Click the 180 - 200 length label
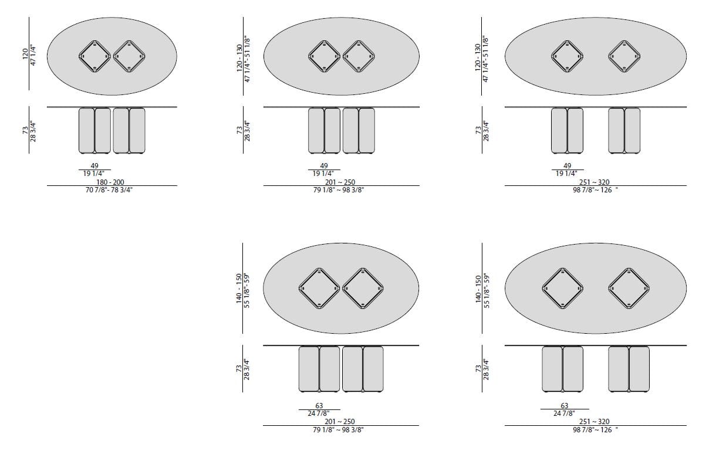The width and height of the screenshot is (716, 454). (x=110, y=182)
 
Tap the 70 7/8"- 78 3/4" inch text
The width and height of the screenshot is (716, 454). (x=109, y=190)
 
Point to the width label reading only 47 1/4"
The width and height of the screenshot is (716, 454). (x=33, y=55)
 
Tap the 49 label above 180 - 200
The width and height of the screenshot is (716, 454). (x=94, y=166)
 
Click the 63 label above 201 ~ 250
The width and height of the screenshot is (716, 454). (x=319, y=406)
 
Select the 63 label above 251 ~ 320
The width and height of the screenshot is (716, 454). (x=565, y=406)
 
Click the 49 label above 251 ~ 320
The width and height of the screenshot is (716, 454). (x=567, y=166)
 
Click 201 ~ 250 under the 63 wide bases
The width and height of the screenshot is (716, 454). (x=340, y=421)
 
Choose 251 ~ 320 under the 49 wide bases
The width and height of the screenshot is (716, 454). (x=594, y=182)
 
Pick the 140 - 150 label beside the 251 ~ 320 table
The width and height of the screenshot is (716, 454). (x=478, y=289)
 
